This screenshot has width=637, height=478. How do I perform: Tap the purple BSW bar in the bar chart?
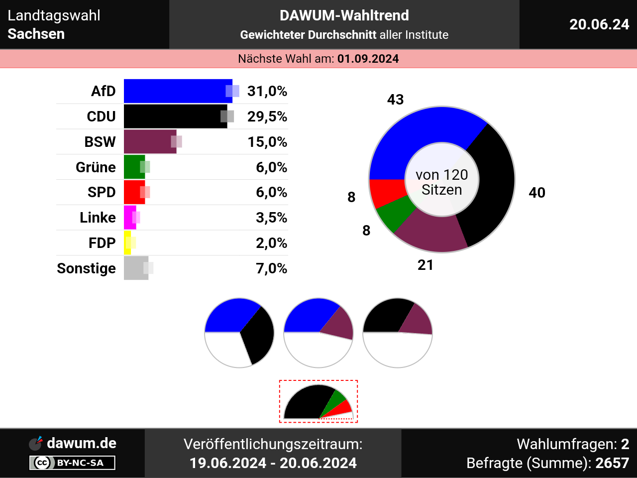149,142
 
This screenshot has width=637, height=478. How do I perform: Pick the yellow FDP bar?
127,243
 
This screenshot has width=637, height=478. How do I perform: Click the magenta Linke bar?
129,218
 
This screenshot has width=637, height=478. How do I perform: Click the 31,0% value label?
267,91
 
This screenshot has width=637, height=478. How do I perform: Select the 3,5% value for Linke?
271,218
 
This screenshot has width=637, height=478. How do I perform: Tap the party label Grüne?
96,167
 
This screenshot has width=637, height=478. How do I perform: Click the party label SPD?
102,192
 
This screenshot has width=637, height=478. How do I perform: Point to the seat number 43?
396,100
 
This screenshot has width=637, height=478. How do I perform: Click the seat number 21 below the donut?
425,265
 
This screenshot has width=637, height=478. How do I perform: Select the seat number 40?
537,193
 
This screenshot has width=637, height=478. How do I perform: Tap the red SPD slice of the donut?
385,192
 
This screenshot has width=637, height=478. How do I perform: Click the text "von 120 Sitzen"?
442,182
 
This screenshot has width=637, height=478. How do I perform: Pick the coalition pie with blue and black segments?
239,333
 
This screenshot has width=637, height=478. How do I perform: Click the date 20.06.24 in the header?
599,24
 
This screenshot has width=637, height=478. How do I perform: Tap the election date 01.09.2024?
368,59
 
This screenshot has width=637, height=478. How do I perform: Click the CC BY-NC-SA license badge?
73,463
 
